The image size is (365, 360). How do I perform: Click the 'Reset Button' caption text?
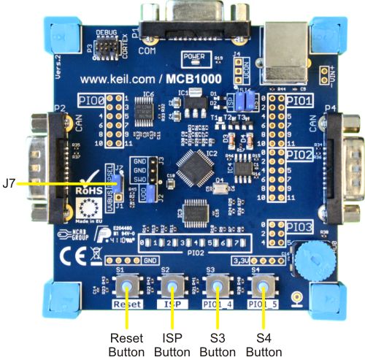click(127, 344)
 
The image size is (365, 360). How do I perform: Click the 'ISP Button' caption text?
click(172, 344)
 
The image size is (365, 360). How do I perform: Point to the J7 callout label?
click(9, 183)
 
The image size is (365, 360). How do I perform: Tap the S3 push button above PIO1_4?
click(217, 286)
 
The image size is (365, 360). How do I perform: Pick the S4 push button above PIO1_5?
click(261, 286)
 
